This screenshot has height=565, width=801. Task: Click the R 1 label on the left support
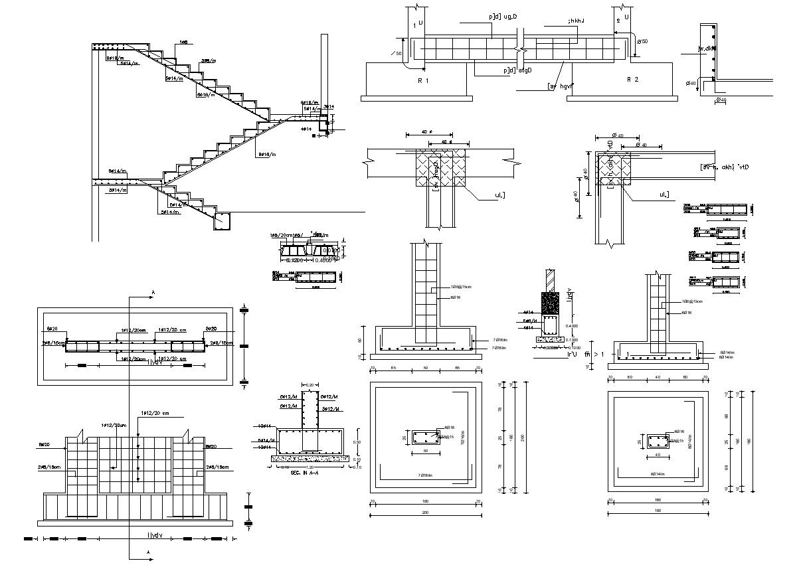423,80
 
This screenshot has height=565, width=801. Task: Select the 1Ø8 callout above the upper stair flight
183,42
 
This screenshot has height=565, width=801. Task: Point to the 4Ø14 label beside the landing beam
306,129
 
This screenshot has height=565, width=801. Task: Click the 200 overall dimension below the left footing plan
425,513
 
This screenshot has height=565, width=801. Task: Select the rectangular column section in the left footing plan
425,437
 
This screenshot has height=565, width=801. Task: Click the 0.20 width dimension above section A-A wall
309,384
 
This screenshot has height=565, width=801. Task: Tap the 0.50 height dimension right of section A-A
357,442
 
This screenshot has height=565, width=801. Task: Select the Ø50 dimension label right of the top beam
642,42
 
